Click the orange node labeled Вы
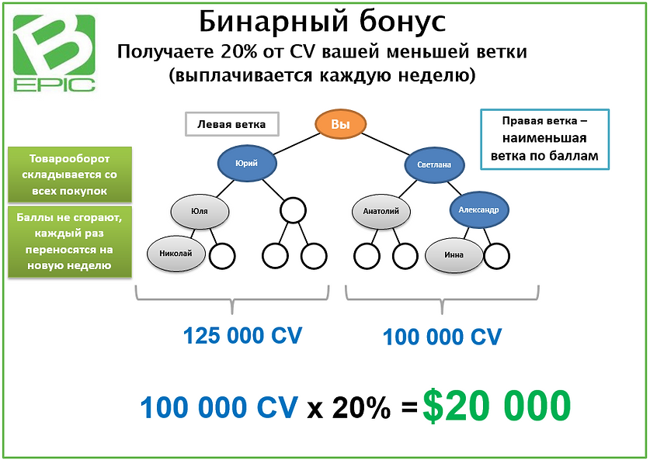tap(340, 124)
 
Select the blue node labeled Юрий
tap(246, 162)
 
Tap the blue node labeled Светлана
tap(434, 164)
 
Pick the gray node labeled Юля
tap(200, 209)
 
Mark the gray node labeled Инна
tap(454, 254)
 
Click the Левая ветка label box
tap(231, 124)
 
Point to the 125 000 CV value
tap(242, 336)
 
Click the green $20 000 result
tap(497, 405)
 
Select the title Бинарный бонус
tap(322, 22)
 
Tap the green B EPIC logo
tap(53, 52)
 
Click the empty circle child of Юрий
tap(293, 209)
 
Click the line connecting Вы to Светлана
tap(388, 144)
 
